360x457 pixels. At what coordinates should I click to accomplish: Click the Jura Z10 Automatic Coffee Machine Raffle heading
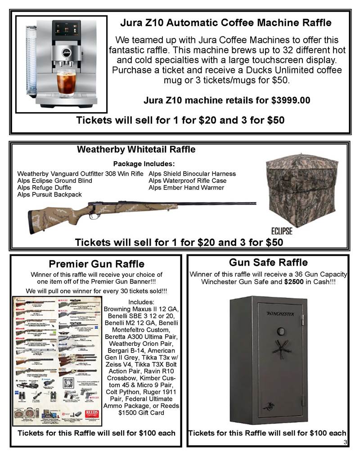pyautogui.click(x=225, y=23)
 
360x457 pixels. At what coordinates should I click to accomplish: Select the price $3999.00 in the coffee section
pyautogui.click(x=291, y=100)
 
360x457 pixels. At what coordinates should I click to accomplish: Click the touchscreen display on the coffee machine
pyautogui.click(x=66, y=35)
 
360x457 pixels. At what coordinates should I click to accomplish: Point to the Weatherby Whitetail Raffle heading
pyautogui.click(x=136, y=149)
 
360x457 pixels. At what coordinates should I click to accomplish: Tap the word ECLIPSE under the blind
pyautogui.click(x=282, y=231)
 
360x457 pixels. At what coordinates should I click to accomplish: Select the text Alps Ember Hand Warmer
pyautogui.click(x=186, y=188)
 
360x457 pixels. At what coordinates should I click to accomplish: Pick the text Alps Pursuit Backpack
pyautogui.click(x=49, y=195)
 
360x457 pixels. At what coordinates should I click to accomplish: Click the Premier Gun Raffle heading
pyautogui.click(x=96, y=263)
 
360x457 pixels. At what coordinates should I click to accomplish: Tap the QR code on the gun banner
pyautogui.click(x=68, y=383)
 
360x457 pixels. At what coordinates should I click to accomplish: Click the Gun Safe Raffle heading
pyautogui.click(x=268, y=262)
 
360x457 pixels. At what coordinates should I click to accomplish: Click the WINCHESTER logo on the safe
pyautogui.click(x=280, y=313)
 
